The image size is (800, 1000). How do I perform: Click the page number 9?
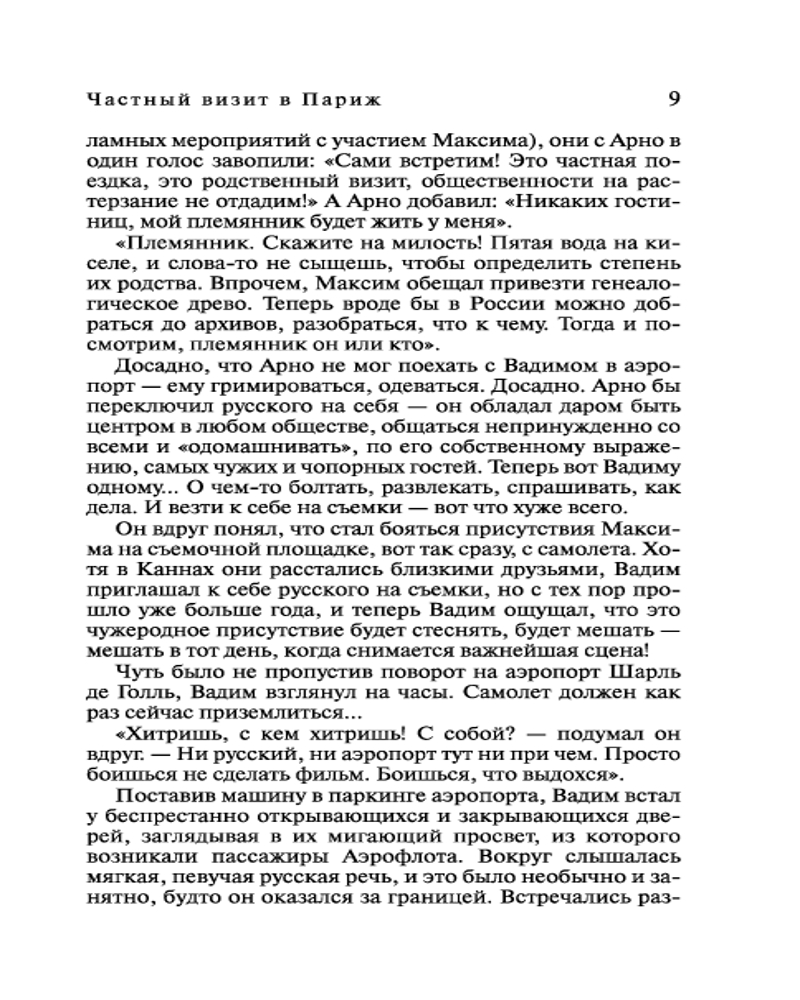(673, 99)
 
